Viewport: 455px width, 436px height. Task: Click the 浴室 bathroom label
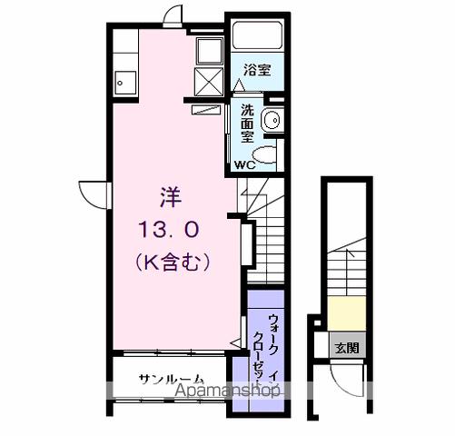tap(256, 69)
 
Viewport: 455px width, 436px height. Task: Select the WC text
tap(245, 165)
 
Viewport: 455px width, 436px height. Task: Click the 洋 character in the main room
tap(170, 195)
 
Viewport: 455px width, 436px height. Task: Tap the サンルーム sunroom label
tap(170, 378)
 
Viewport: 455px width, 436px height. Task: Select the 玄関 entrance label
tap(346, 347)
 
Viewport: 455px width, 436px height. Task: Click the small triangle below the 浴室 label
tap(238, 85)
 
